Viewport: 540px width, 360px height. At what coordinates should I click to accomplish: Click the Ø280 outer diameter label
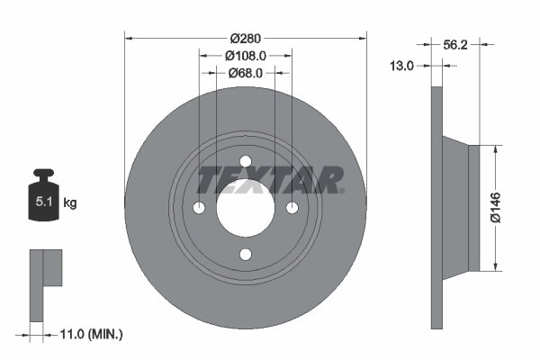tap(246, 38)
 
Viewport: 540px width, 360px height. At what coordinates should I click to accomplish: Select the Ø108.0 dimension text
tap(245, 55)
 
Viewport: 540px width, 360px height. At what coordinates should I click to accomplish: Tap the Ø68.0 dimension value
tap(245, 73)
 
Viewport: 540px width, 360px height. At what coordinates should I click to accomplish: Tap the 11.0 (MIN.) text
tap(89, 334)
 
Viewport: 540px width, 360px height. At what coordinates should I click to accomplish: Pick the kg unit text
tap(70, 203)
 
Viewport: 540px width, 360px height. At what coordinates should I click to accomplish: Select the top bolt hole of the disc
tap(246, 161)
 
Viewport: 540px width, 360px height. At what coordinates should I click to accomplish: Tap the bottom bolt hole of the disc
tap(246, 255)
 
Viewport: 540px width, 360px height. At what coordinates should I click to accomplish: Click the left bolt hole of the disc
tap(199, 208)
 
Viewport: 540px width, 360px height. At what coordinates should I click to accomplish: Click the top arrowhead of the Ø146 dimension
tap(496, 149)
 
